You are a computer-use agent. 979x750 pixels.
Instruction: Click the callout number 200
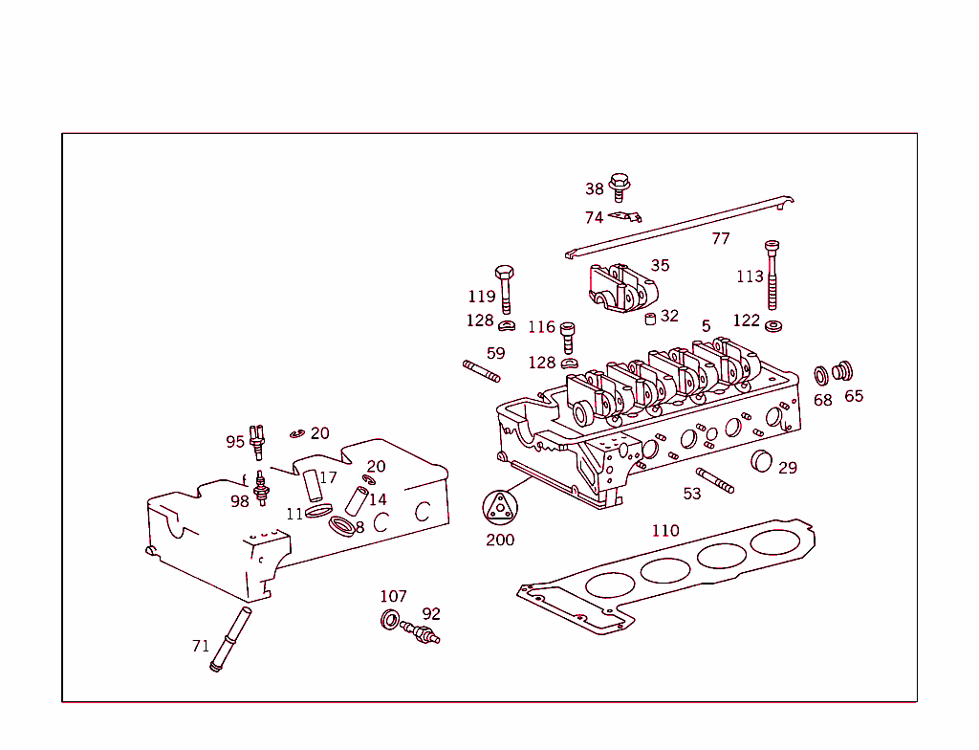(499, 540)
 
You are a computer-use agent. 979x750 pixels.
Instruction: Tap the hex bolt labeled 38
(620, 183)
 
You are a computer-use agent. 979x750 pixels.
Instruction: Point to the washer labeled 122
(773, 327)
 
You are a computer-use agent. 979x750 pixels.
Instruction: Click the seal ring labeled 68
(821, 374)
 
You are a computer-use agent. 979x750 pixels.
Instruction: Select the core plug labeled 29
(761, 460)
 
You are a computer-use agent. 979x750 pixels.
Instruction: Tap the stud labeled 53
(715, 480)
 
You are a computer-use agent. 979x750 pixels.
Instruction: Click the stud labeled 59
(483, 371)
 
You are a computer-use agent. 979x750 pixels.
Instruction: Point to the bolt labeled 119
(506, 286)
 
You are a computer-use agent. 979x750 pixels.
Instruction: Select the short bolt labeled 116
(568, 336)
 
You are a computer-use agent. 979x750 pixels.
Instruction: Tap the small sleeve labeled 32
(649, 319)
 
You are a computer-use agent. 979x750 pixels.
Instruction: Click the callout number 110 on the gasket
(665, 530)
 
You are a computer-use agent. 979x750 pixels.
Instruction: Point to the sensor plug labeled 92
(421, 632)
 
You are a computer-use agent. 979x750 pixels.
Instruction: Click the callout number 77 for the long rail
(721, 238)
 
